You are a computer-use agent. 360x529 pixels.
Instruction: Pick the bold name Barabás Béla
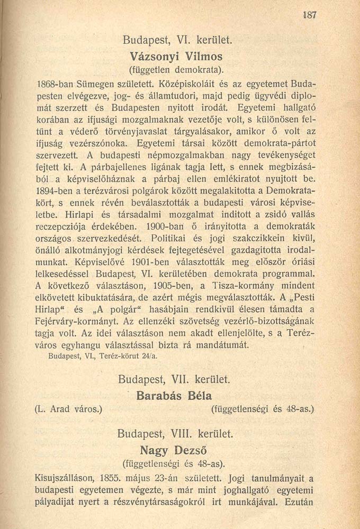point(174,396)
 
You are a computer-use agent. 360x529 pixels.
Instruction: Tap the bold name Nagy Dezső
point(173,451)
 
